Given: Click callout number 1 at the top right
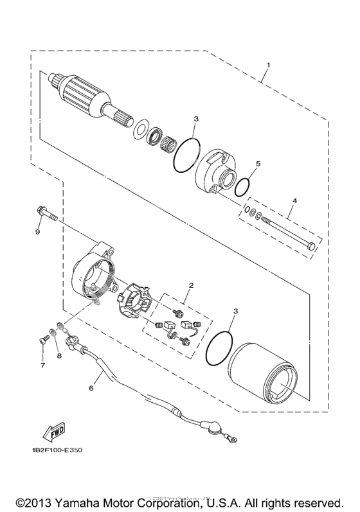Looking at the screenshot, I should pyautogui.click(x=269, y=65).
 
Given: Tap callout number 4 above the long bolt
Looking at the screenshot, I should pyautogui.click(x=294, y=201).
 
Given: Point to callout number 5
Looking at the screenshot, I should pyautogui.click(x=258, y=164).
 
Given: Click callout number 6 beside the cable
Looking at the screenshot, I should pyautogui.click(x=91, y=388).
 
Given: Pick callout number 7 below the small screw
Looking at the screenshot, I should pyautogui.click(x=43, y=366).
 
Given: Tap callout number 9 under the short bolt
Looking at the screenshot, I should pyautogui.click(x=38, y=232).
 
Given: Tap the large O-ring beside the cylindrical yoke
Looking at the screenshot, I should pyautogui.click(x=219, y=348).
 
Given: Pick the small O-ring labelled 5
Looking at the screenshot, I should pyautogui.click(x=242, y=187).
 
